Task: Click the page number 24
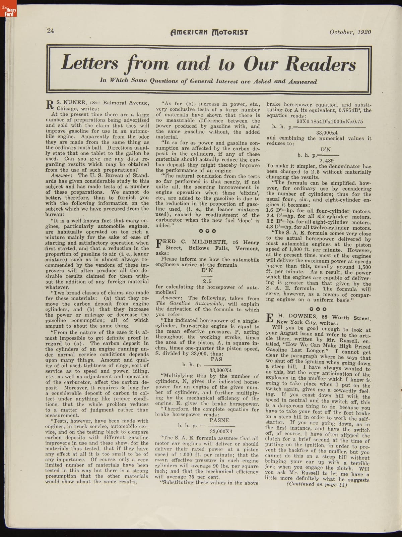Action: (x=51, y=31)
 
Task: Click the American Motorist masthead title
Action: (x=209, y=32)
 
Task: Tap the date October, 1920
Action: (x=350, y=32)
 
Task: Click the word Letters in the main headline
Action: (x=90, y=63)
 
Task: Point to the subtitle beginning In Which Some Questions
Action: (x=208, y=81)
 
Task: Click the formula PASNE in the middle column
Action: (x=219, y=420)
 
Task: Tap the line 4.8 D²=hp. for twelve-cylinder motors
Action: (x=318, y=228)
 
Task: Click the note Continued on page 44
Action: (x=317, y=484)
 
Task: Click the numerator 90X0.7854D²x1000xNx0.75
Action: (x=330, y=122)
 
